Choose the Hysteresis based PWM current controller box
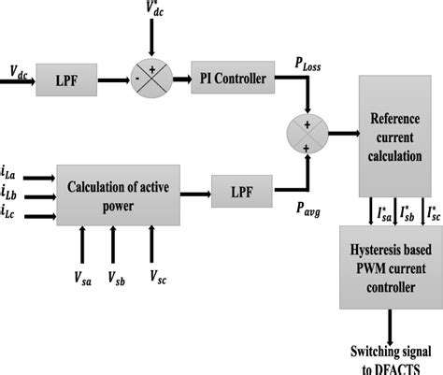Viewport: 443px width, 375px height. coord(391,272)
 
